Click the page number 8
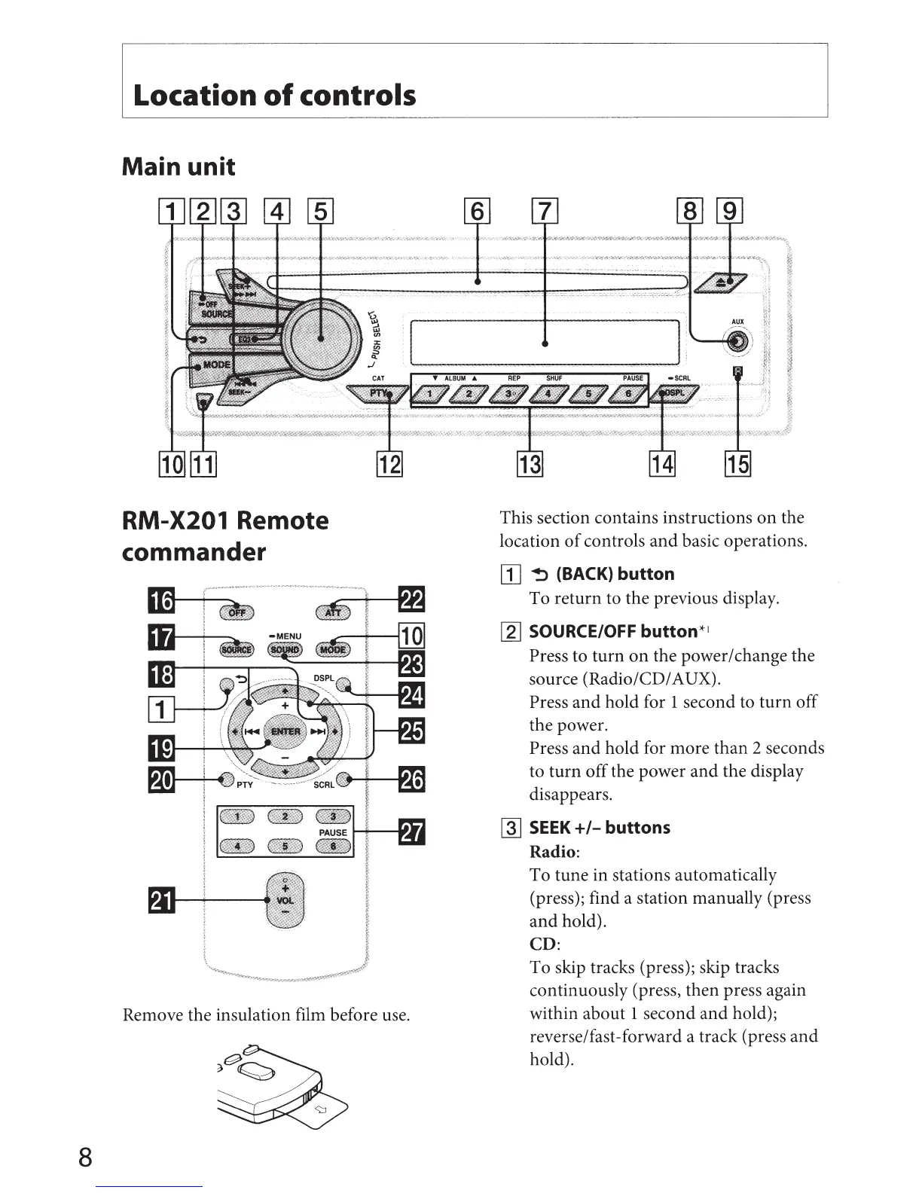(85, 1156)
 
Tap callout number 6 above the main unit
(478, 212)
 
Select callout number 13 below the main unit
(529, 463)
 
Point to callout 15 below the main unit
(737, 463)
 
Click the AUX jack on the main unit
(738, 341)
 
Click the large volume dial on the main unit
(321, 339)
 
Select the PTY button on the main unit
(378, 393)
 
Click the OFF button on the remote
(237, 612)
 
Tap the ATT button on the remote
(333, 612)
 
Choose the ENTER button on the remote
(285, 731)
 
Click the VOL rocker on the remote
(285, 901)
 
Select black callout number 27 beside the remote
(411, 833)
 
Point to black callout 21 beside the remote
(162, 900)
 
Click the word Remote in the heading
(282, 520)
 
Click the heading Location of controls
(274, 96)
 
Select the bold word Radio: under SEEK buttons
(554, 852)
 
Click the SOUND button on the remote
(285, 650)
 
